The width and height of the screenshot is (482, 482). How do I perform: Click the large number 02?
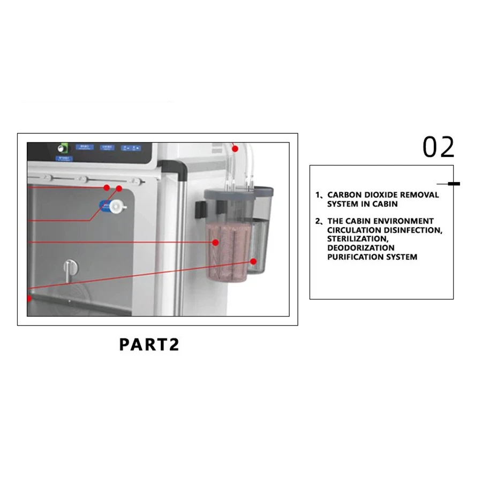coord(438,147)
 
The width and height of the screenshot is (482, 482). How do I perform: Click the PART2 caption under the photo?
coord(149,344)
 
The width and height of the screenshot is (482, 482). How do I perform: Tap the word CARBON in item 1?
coord(344,195)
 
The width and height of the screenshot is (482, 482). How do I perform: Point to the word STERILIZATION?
coord(357,239)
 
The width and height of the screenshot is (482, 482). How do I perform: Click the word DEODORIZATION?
coord(361,248)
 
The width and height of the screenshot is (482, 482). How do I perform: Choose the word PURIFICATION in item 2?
coord(355,257)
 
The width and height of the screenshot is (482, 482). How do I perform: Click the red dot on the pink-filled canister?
coord(215,242)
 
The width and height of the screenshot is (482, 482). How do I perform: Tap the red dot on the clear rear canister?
coord(253,261)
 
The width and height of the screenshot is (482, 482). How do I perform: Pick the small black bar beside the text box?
coord(454,184)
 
